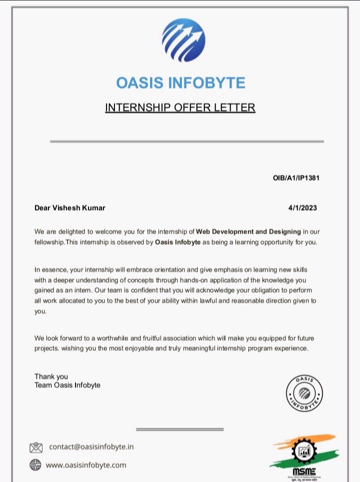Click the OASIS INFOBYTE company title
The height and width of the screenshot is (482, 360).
tap(180, 83)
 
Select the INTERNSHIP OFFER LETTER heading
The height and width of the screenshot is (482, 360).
tap(180, 108)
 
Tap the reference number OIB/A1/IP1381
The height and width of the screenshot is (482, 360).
tap(292, 179)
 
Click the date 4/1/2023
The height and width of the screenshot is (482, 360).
tap(302, 208)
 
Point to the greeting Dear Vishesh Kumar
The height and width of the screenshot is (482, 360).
tap(70, 208)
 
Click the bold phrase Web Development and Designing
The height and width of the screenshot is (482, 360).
tap(248, 232)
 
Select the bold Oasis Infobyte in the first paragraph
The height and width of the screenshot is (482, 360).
tap(178, 242)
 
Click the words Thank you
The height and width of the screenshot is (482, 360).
tap(51, 376)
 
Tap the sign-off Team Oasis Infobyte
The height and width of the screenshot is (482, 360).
tap(67, 385)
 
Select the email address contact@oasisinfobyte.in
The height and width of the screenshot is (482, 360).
tap(91, 446)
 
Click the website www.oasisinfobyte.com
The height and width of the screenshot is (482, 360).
tap(86, 465)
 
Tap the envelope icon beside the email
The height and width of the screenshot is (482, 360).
tap(36, 447)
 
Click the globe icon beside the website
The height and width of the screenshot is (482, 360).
tap(35, 465)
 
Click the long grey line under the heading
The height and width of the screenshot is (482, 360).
tap(186, 142)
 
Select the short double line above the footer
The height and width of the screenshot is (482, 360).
tap(179, 429)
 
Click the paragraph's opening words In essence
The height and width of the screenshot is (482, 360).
tap(49, 269)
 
